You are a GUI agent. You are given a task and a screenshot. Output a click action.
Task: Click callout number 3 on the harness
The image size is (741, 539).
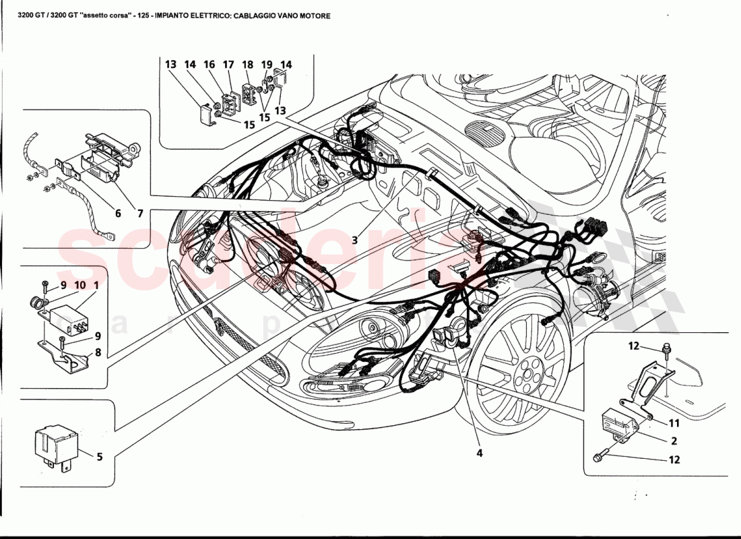pyautogui.click(x=354, y=239)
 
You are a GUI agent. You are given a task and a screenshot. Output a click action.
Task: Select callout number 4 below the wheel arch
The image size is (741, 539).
pyautogui.click(x=480, y=453)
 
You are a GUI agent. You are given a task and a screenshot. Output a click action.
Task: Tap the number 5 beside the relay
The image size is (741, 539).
pyautogui.click(x=99, y=457)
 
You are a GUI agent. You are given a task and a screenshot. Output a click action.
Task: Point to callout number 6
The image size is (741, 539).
pyautogui.click(x=118, y=214)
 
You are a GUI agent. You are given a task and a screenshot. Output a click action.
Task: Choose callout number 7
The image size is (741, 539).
pyautogui.click(x=139, y=214)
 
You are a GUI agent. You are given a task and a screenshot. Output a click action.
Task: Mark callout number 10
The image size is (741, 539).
pyautogui.click(x=80, y=285)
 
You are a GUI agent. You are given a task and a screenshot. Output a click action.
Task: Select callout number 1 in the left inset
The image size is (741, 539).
pyautogui.click(x=97, y=285)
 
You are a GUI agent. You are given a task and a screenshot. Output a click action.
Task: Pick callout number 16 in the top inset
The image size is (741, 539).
pyautogui.click(x=210, y=65)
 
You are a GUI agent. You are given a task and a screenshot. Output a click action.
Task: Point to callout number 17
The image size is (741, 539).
pyautogui.click(x=228, y=65)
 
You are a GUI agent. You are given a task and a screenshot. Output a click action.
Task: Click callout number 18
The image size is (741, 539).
pyautogui.click(x=248, y=65)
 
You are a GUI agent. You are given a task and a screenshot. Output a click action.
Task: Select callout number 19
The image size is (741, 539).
pyautogui.click(x=267, y=65)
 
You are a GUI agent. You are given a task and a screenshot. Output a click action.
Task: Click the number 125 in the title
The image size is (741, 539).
pyautogui.click(x=142, y=15)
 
